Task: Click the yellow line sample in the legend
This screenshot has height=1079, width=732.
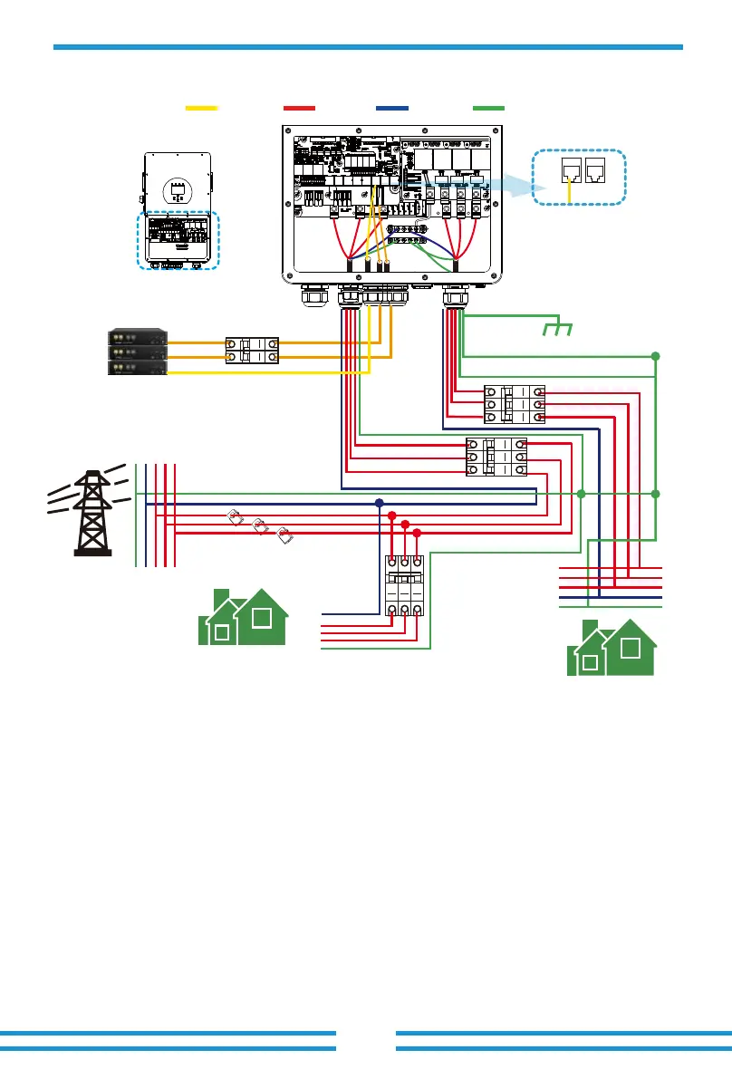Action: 201,108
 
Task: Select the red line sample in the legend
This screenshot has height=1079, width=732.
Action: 299,108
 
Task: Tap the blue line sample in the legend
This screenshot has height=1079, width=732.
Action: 391,108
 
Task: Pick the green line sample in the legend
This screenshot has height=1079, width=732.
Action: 488,108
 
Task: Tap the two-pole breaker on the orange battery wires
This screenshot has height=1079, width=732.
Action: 251,350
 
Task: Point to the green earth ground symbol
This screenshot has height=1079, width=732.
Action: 558,330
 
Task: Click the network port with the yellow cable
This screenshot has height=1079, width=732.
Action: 571,170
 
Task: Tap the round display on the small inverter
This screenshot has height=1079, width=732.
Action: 176,191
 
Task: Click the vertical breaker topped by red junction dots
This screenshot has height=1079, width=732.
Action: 404,587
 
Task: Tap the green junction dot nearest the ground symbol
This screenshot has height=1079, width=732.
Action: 656,357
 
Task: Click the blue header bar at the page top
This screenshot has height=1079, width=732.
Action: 367,46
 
